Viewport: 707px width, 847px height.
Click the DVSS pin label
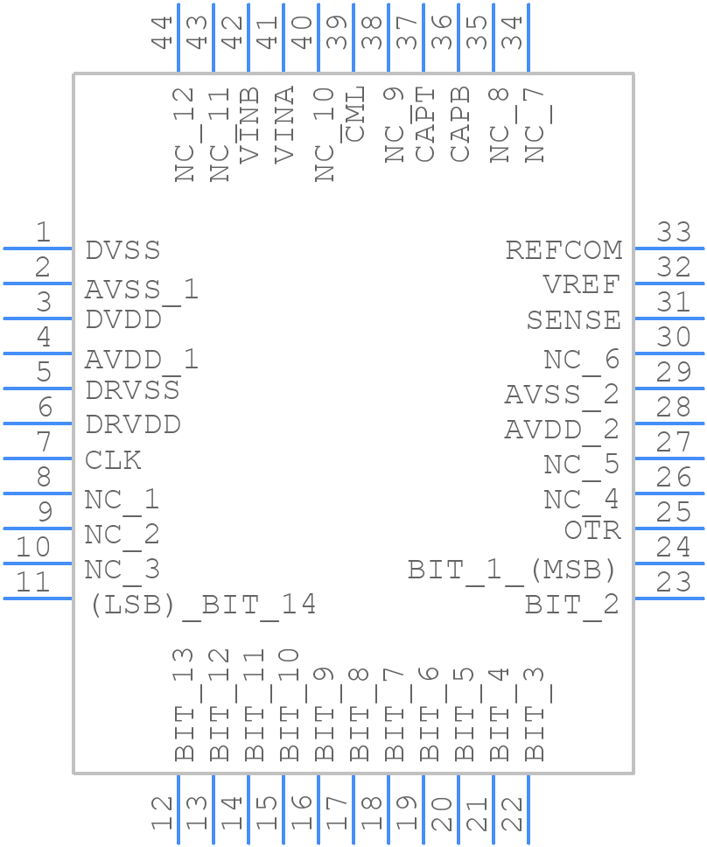[x=122, y=250]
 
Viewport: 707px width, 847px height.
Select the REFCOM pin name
[x=563, y=250]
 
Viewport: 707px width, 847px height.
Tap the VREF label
[x=581, y=285]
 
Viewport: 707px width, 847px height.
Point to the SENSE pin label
[x=573, y=320]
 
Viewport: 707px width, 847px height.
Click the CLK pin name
[x=113, y=460]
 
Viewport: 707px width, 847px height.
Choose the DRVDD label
[x=133, y=425]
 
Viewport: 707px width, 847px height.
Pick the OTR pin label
[x=592, y=530]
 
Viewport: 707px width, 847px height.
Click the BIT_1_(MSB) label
[x=513, y=570]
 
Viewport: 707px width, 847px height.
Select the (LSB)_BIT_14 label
[x=202, y=605]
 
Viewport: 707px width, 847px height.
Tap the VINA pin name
[x=284, y=124]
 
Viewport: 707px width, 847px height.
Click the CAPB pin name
[x=460, y=123]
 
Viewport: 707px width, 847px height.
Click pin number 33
[x=674, y=233]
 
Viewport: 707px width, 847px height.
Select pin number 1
[x=42, y=233]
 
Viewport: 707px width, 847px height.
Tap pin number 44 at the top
[x=162, y=32]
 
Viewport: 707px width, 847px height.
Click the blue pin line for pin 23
[x=669, y=598]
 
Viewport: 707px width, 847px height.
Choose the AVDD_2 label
[x=561, y=430]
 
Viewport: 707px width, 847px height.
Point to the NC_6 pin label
[x=581, y=360]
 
